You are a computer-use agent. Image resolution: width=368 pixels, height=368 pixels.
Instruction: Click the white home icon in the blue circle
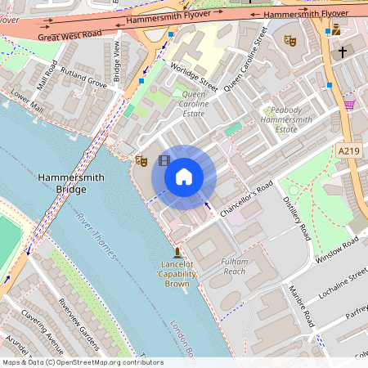pyautogui.click(x=184, y=176)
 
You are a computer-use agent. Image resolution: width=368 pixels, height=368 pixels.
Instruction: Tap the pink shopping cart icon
pyautogui.click(x=349, y=105)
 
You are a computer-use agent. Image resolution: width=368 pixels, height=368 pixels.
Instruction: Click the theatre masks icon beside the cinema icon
pyautogui.click(x=141, y=159)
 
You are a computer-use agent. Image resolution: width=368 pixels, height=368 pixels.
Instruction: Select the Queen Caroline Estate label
pyautogui.click(x=194, y=105)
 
